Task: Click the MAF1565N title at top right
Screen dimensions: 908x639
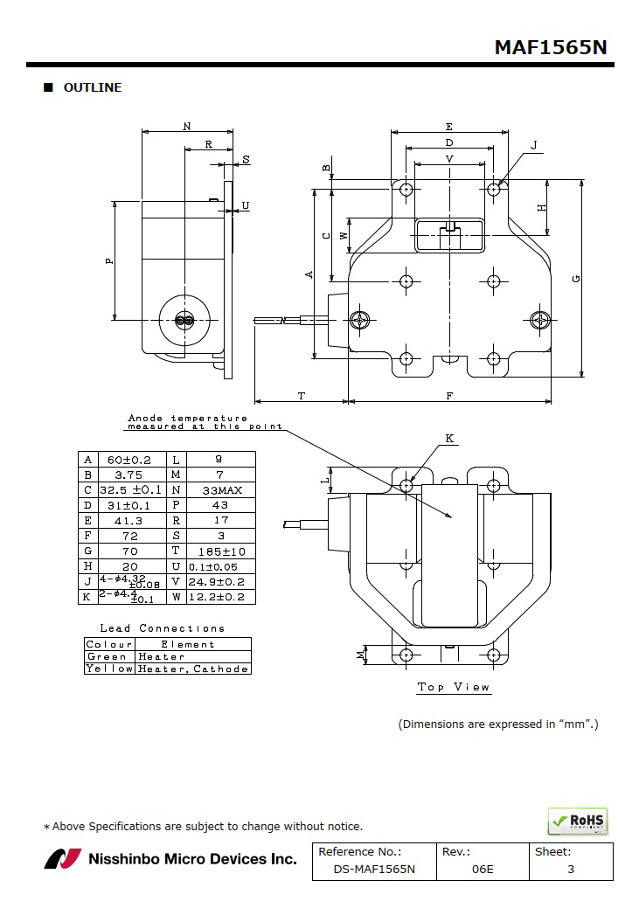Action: tap(550, 47)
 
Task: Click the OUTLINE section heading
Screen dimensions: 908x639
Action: tap(92, 87)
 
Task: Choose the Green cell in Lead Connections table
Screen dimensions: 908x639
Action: tap(108, 656)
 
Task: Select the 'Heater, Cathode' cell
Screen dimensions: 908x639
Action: tap(193, 669)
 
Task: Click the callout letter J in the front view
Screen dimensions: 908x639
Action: tap(533, 145)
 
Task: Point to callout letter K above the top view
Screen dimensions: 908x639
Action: tap(449, 439)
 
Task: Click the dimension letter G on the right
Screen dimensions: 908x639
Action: tap(575, 279)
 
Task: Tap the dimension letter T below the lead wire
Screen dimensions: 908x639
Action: tap(301, 396)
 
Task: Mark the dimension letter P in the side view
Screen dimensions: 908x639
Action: tap(109, 260)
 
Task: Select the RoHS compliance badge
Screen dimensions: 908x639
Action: tap(577, 821)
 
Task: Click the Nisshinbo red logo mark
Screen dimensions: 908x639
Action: tap(62, 859)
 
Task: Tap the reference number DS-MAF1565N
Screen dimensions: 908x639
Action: tap(373, 870)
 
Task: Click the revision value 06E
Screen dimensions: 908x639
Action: tap(482, 870)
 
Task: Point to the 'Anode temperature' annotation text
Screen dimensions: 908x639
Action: tap(188, 419)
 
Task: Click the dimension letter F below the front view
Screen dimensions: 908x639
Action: tap(449, 396)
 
